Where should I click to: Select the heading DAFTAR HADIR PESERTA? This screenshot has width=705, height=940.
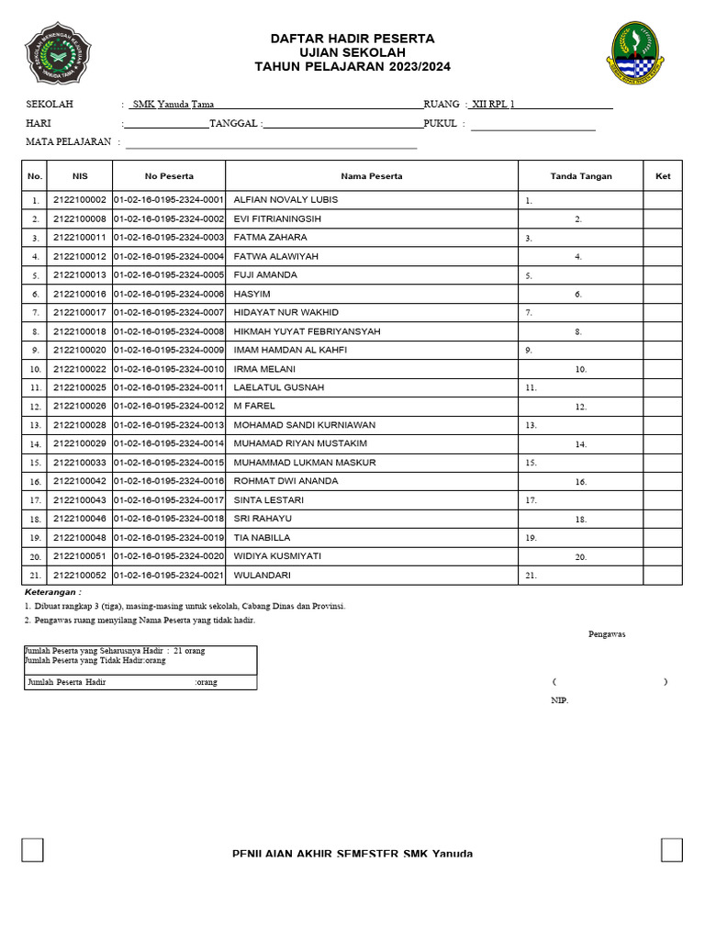pyautogui.click(x=352, y=39)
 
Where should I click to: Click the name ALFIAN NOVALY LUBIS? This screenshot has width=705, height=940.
pyautogui.click(x=285, y=199)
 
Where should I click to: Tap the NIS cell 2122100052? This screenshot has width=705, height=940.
pyautogui.click(x=80, y=575)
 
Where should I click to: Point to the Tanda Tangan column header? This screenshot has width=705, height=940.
pyautogui.click(x=580, y=175)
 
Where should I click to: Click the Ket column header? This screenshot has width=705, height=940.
pyautogui.click(x=663, y=175)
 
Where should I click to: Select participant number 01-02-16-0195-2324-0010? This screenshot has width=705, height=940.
pyautogui.click(x=169, y=369)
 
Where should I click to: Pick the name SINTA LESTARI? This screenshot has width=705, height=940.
pyautogui.click(x=269, y=500)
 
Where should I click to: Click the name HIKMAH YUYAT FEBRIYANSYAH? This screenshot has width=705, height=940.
pyautogui.click(x=307, y=331)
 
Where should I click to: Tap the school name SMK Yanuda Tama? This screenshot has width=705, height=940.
pyautogui.click(x=173, y=105)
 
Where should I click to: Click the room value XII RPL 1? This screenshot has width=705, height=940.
pyautogui.click(x=493, y=105)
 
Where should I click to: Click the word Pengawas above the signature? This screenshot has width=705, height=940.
pyautogui.click(x=607, y=634)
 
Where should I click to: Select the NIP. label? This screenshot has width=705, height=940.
pyautogui.click(x=559, y=700)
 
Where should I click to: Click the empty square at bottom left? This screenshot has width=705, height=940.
pyautogui.click(x=33, y=850)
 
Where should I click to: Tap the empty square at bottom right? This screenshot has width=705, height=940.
pyautogui.click(x=671, y=850)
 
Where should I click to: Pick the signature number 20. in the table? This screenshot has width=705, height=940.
pyautogui.click(x=580, y=557)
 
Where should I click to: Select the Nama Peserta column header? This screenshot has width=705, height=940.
pyautogui.click(x=372, y=175)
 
